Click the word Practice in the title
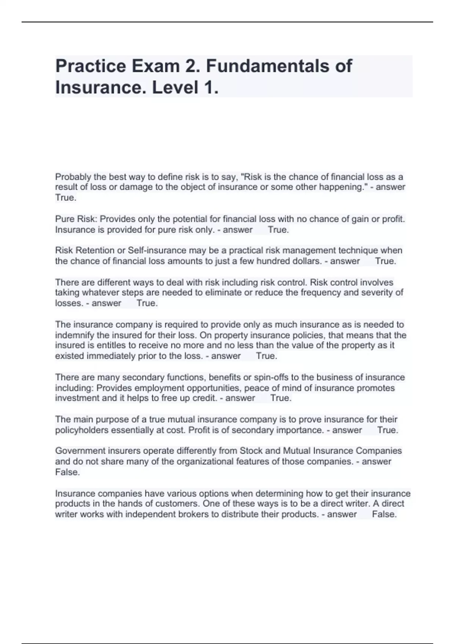tap(91, 66)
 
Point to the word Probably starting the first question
tap(73, 177)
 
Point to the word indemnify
tap(74, 335)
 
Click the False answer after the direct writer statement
tap(384, 514)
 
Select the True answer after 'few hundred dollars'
tap(386, 261)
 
